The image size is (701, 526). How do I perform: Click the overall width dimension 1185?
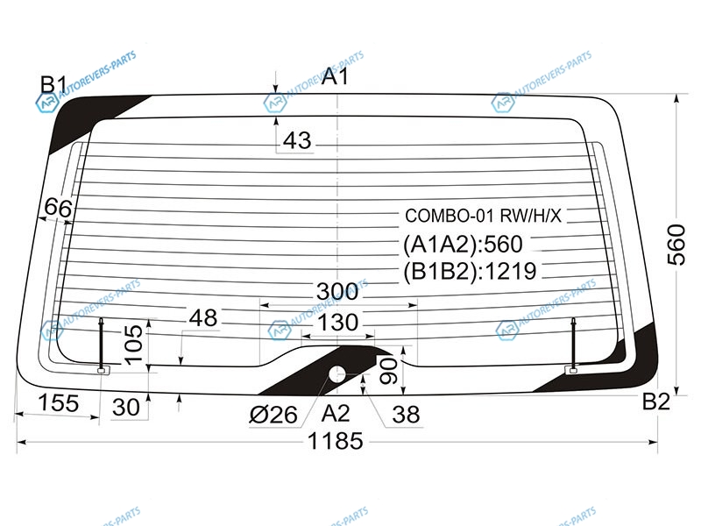click(x=336, y=442)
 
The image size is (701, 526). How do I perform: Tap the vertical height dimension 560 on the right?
click(x=676, y=245)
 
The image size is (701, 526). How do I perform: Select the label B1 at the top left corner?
click(x=53, y=84)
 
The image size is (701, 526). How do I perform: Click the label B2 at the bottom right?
click(x=655, y=402)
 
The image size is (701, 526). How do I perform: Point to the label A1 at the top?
click(x=335, y=76)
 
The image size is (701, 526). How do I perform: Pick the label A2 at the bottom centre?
click(x=336, y=413)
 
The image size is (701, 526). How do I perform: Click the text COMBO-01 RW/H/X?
click(x=483, y=216)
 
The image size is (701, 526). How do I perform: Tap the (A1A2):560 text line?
click(x=463, y=245)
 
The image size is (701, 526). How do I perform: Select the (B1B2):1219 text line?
click(x=470, y=271)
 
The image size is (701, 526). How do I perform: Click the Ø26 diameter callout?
click(x=273, y=415)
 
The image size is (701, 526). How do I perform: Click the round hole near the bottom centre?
click(x=337, y=374)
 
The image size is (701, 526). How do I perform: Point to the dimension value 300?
click(x=337, y=292)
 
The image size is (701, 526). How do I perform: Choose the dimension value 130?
click(x=337, y=322)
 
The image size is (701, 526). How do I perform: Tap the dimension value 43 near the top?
click(x=297, y=140)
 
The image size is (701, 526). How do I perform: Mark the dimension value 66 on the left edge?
click(x=58, y=208)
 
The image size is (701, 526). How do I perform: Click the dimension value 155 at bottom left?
click(x=59, y=402)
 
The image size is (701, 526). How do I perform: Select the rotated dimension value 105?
click(x=133, y=344)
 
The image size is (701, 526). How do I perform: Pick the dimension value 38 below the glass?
click(x=406, y=414)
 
